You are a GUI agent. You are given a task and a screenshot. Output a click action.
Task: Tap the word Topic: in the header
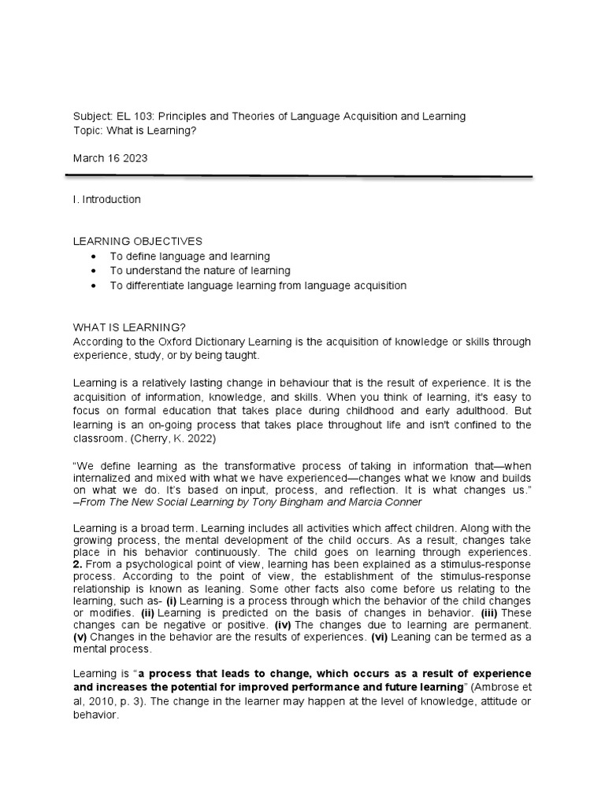click(88, 130)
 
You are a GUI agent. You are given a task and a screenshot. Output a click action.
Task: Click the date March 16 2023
click(110, 158)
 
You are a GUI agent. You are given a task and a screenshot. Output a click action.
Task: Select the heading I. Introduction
click(106, 199)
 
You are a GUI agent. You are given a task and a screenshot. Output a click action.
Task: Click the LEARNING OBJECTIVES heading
click(137, 242)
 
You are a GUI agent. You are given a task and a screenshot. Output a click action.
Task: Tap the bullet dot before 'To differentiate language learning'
click(95, 286)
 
